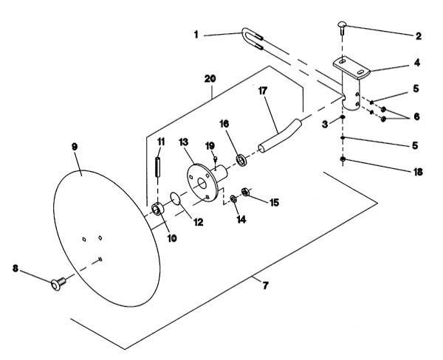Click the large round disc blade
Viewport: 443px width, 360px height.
107,238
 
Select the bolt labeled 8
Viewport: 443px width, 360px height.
58,283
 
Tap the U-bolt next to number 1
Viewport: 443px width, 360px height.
253,39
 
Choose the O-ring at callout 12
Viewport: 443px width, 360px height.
176,198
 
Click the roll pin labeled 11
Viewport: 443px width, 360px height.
158,167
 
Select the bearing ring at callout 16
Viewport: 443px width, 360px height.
241,160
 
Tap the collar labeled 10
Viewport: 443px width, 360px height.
158,209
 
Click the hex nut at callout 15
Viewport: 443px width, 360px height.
245,192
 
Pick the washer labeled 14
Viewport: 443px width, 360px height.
233,198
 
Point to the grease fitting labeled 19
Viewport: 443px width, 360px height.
216,159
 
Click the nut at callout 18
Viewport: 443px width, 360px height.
343,159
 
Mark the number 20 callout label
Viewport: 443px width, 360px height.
210,79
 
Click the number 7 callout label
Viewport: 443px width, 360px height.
265,285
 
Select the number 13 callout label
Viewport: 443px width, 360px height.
183,142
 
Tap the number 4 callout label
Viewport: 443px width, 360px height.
417,63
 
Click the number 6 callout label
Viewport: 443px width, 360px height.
416,117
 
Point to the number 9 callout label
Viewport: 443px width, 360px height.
75,147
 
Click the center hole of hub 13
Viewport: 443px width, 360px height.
202,184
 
